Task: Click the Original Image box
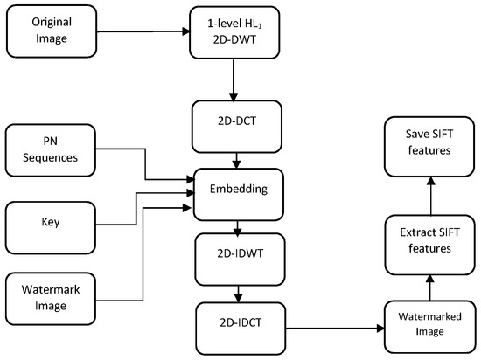click(x=52, y=31)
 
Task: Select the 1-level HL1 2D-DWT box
click(x=234, y=32)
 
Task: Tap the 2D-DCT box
click(x=237, y=127)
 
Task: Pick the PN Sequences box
click(x=51, y=150)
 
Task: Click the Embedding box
click(x=239, y=195)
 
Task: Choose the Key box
click(x=51, y=228)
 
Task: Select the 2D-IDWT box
click(x=240, y=260)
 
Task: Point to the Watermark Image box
click(x=51, y=299)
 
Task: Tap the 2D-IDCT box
click(x=241, y=329)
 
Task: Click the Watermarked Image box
click(x=429, y=327)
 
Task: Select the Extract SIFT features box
click(x=430, y=245)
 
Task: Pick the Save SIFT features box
click(x=429, y=147)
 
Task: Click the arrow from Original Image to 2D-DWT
click(x=143, y=31)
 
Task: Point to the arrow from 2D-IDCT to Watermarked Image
click(x=335, y=329)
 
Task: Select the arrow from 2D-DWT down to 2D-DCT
click(x=234, y=80)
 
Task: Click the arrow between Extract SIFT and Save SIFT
click(x=431, y=196)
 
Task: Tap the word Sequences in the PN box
click(x=51, y=158)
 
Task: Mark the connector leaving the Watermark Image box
click(x=143, y=253)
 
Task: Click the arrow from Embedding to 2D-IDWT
click(x=237, y=228)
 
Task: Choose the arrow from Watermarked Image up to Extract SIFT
click(x=430, y=287)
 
